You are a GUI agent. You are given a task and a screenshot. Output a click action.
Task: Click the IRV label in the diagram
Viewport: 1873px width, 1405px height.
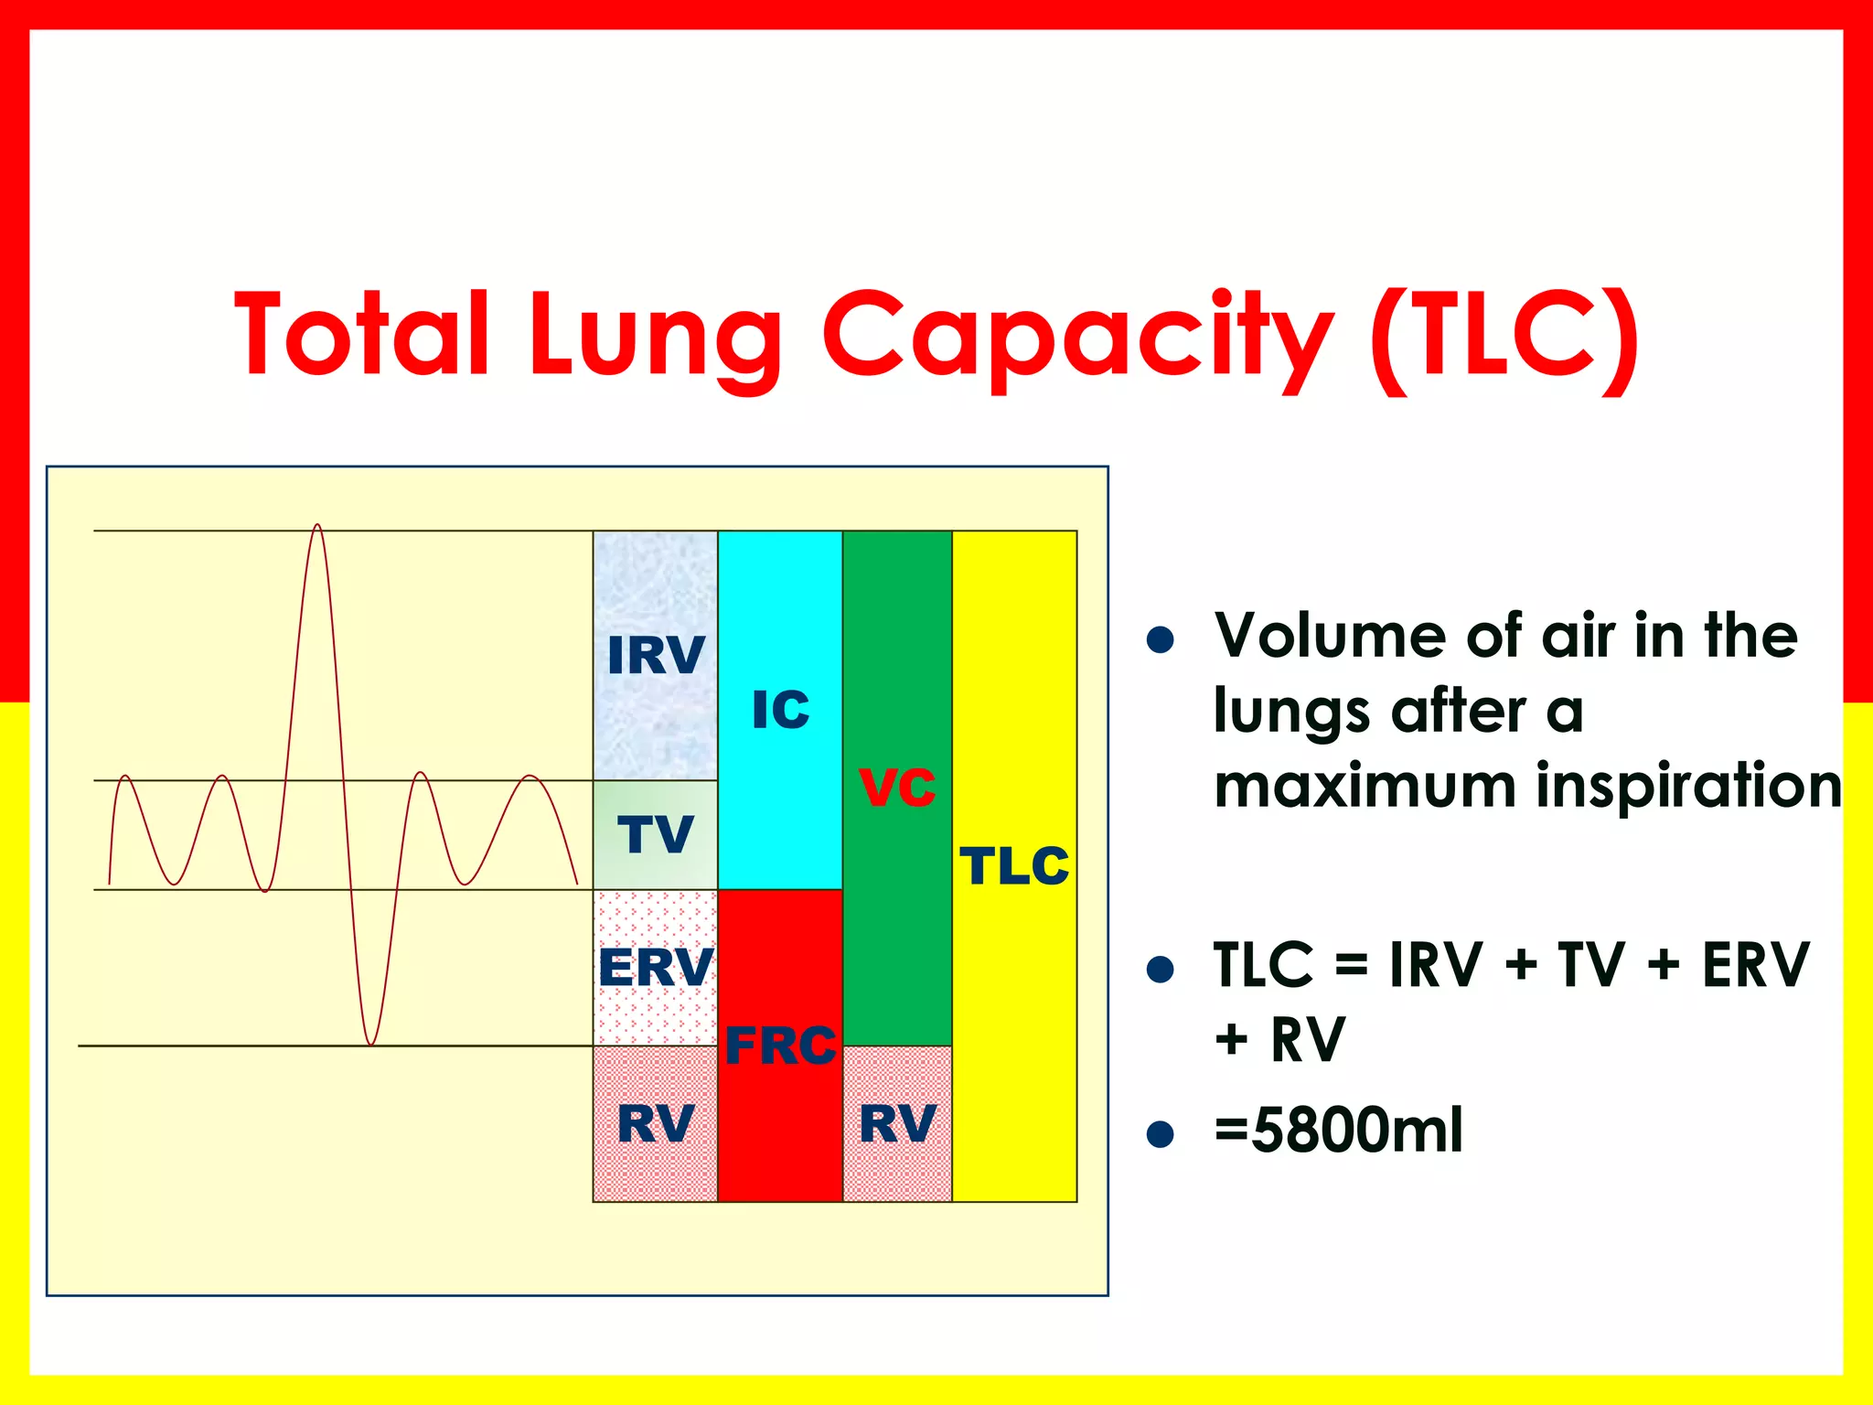point(656,655)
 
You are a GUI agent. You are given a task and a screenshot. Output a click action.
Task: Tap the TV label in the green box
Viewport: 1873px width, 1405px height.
point(656,834)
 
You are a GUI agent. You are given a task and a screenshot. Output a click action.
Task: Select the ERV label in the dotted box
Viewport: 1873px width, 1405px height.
point(656,967)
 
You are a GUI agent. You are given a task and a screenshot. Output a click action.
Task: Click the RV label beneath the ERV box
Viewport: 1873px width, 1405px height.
point(656,1123)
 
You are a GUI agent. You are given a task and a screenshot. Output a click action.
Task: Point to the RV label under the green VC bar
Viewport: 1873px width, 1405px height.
point(897,1123)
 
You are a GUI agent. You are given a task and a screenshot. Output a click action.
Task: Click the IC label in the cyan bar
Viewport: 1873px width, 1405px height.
point(780,710)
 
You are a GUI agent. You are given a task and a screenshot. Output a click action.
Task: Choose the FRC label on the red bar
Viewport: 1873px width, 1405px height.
point(780,1046)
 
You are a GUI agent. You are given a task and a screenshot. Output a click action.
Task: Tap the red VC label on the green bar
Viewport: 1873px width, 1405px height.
point(897,787)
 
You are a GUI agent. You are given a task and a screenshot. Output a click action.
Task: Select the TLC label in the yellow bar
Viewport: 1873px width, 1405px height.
point(1014,865)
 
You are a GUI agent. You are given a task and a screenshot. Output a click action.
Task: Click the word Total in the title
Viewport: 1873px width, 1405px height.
point(362,334)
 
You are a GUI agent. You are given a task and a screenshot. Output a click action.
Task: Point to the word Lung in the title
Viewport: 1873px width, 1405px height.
point(655,338)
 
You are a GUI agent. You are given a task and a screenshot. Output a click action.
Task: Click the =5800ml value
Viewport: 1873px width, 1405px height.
point(1338,1131)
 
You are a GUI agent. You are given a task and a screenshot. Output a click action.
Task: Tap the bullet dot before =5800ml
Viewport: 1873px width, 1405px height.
point(1160,1134)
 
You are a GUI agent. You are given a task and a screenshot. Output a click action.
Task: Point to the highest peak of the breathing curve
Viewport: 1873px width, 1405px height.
point(316,526)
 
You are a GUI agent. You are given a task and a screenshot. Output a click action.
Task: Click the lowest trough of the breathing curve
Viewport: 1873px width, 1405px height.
point(370,1043)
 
